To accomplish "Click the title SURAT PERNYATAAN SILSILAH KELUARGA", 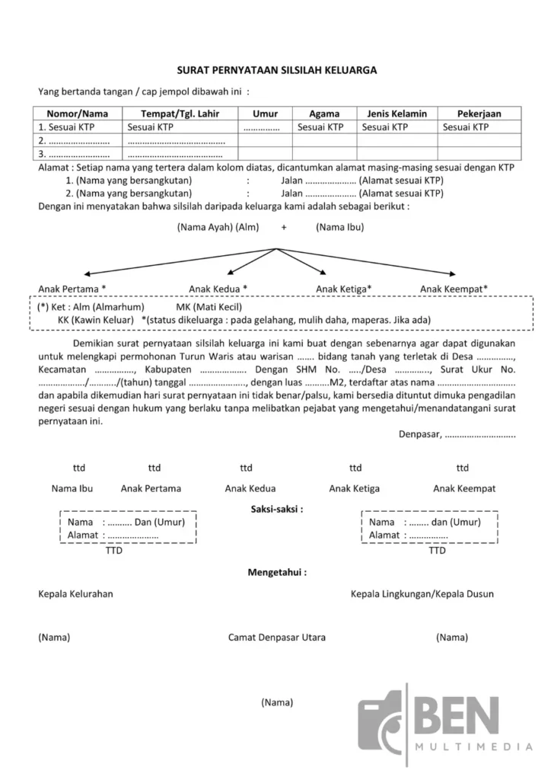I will click(277, 69).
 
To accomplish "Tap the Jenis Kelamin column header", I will click(397, 113).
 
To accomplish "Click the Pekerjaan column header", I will click(479, 113).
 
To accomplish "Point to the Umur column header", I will click(265, 113).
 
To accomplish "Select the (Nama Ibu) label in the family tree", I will click(340, 227).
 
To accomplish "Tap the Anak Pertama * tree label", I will click(72, 289).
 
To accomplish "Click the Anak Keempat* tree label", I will click(454, 289).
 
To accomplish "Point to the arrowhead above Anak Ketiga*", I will click(325, 272).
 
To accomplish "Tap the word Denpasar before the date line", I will click(419, 434).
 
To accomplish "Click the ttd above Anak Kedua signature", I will click(246, 468).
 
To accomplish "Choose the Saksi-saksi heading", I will click(277, 508).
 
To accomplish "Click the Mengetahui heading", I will click(277, 571).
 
